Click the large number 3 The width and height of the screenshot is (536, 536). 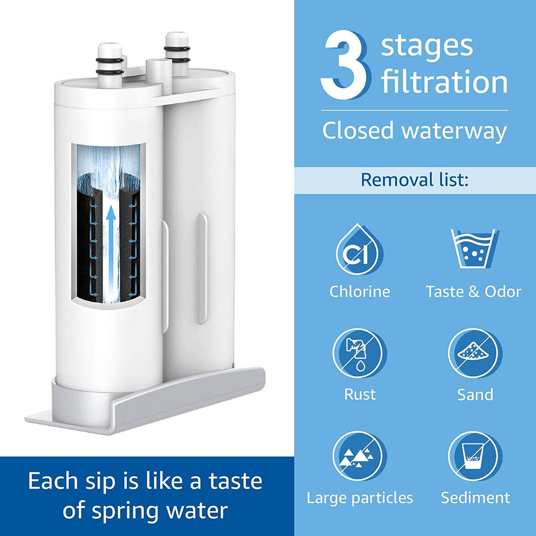pyautogui.click(x=345, y=66)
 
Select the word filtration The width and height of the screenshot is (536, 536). pyautogui.click(x=444, y=82)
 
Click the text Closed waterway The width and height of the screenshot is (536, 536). pyautogui.click(x=414, y=131)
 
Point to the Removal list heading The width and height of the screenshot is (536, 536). pyautogui.click(x=414, y=180)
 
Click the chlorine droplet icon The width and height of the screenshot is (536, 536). pyautogui.click(x=359, y=249)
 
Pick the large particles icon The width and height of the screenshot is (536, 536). pyautogui.click(x=359, y=456)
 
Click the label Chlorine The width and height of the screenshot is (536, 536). pyautogui.click(x=359, y=291)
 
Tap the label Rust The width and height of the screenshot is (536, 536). pyautogui.click(x=360, y=394)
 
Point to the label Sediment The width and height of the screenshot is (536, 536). pyautogui.click(x=475, y=498)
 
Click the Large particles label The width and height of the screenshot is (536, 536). pyautogui.click(x=359, y=498)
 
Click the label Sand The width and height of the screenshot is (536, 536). pyautogui.click(x=475, y=394)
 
